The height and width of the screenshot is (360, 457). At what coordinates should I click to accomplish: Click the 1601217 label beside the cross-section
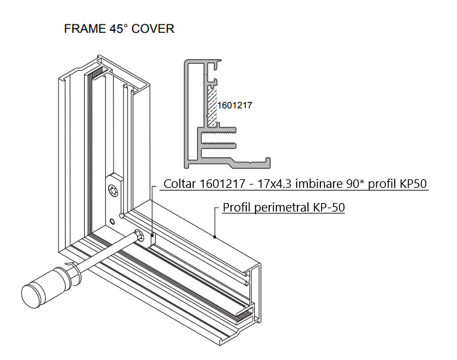pyautogui.click(x=234, y=104)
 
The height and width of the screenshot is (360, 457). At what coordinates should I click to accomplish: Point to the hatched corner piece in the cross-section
pyautogui.click(x=211, y=105)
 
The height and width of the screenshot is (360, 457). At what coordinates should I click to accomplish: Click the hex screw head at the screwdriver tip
pyautogui.click(x=140, y=236)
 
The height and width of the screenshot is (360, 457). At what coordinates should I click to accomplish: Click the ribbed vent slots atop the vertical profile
pyautogui.click(x=97, y=72)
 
